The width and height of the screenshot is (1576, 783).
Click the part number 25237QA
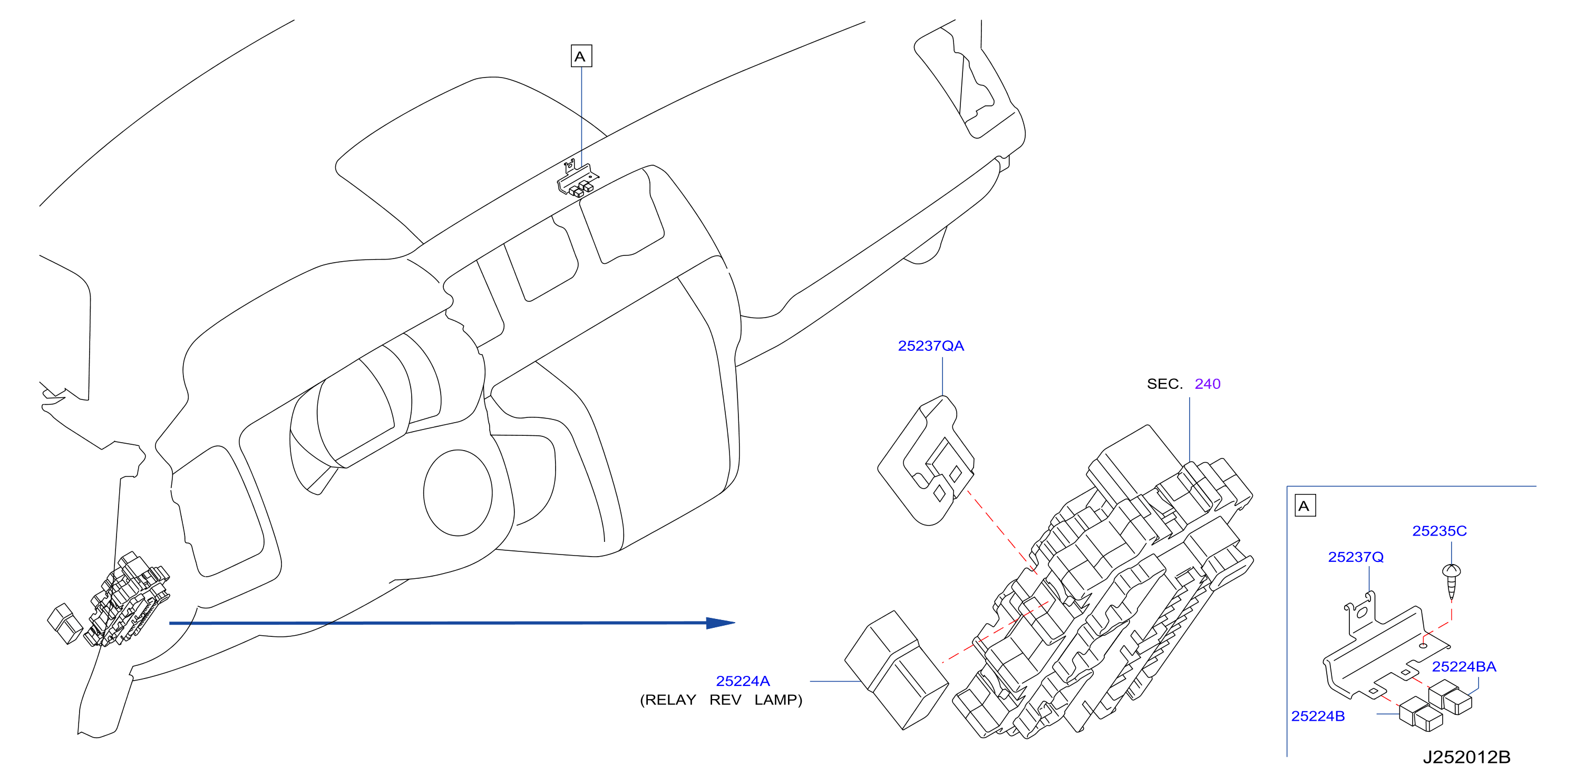tap(930, 346)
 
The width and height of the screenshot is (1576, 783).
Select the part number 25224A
tap(743, 681)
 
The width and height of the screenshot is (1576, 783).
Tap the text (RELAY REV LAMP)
tap(721, 700)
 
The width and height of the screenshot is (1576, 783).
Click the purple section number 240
tap(1207, 384)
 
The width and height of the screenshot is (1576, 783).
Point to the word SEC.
tap(1164, 384)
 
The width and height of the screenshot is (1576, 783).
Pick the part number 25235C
tap(1439, 531)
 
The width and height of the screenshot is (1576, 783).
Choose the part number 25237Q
tap(1355, 557)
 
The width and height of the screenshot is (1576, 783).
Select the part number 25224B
tap(1318, 715)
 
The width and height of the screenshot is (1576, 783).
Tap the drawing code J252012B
tap(1466, 757)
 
